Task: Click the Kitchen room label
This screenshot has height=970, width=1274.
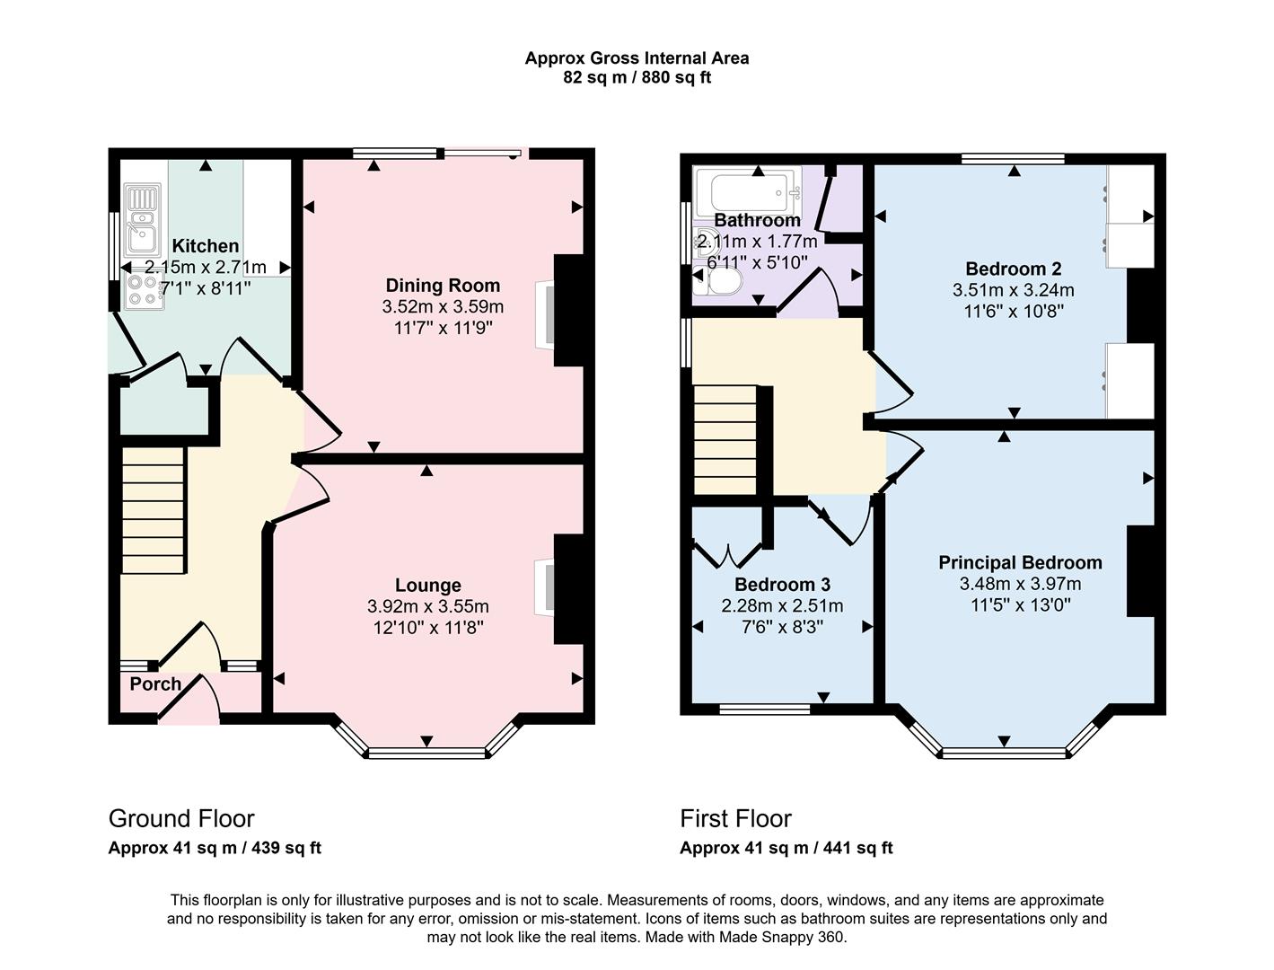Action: [x=206, y=246]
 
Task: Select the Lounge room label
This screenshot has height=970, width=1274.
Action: [x=428, y=586]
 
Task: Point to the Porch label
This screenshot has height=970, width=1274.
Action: [x=155, y=684]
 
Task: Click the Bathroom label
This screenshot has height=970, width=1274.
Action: [x=757, y=220]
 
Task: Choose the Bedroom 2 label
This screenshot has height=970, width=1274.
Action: [x=1013, y=269]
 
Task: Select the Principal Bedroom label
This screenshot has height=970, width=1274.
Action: [x=1020, y=563]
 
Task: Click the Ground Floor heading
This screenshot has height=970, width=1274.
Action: [x=181, y=819]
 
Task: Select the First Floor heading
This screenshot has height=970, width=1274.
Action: [x=735, y=819]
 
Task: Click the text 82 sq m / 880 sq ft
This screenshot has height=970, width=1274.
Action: [x=637, y=77]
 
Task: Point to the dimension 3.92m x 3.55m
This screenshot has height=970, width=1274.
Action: [x=428, y=606]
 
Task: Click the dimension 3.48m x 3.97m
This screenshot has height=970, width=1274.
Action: [x=1020, y=584]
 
